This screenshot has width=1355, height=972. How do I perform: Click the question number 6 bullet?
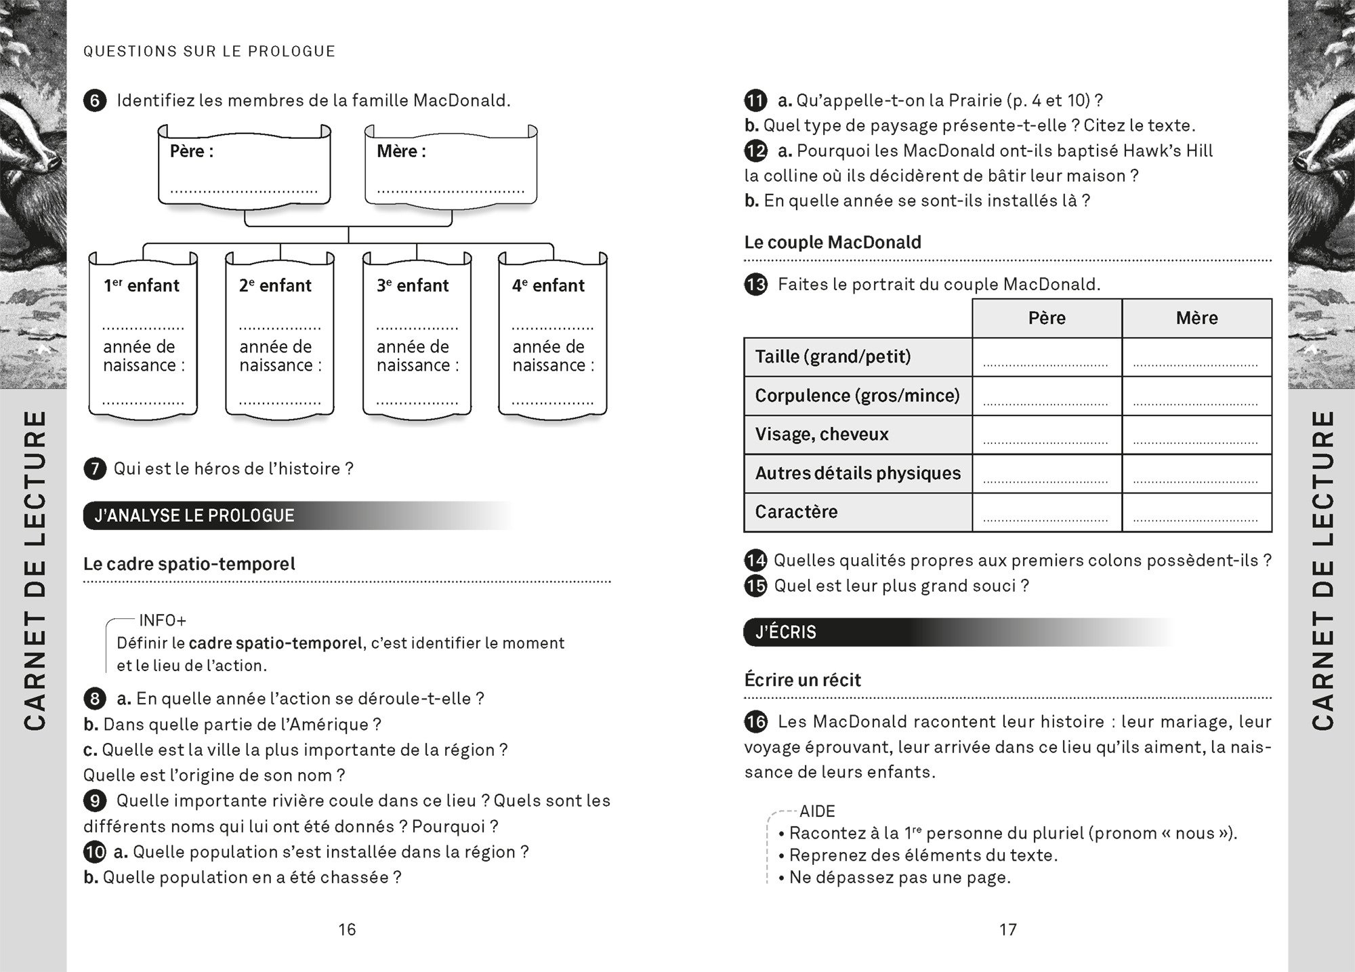[x=95, y=102]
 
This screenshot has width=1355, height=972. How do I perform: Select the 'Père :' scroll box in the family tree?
[x=244, y=166]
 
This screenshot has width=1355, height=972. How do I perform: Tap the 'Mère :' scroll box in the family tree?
[x=451, y=166]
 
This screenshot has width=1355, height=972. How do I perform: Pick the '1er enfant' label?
[x=142, y=286]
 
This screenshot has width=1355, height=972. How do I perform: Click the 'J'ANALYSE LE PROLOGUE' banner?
[x=194, y=516]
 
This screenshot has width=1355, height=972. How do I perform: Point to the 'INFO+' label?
[x=162, y=620]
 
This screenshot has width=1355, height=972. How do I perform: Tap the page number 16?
[x=347, y=929]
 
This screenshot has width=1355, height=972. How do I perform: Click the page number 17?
[x=1008, y=929]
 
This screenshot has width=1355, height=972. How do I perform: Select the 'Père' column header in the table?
[x=1047, y=318]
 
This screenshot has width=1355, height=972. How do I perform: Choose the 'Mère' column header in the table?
[x=1196, y=318]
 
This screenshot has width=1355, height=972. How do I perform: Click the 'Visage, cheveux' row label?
[x=822, y=434]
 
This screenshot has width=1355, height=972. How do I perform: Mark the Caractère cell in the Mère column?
[x=1196, y=512]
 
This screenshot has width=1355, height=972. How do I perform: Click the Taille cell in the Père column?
[x=1047, y=357]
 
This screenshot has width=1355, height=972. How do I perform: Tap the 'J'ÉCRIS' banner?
[x=786, y=632]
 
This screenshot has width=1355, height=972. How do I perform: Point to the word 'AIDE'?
[x=817, y=811]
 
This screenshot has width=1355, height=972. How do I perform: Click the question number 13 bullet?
[x=755, y=285]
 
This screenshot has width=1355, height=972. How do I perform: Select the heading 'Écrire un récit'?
[x=802, y=680]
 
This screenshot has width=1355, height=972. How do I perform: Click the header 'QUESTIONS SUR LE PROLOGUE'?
[x=209, y=52]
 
